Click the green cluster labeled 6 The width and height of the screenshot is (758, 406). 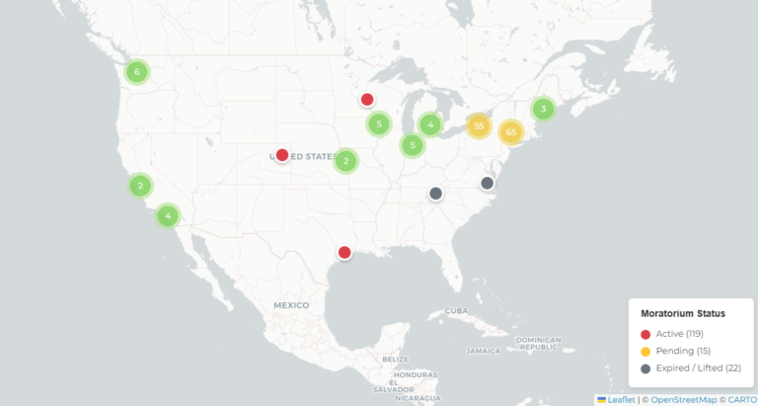137,72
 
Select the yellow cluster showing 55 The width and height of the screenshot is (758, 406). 479,125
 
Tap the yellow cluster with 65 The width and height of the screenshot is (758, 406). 510,131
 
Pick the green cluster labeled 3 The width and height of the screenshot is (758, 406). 542,109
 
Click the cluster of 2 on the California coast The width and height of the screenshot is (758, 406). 141,186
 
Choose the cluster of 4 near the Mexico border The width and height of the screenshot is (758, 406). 169,215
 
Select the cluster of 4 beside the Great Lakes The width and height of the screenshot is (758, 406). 429,124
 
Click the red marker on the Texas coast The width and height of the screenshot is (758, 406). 344,252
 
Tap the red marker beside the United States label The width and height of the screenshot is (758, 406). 282,155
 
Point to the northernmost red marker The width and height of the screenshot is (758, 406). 367,99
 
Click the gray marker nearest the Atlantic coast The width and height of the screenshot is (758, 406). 487,183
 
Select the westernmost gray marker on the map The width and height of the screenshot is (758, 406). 435,194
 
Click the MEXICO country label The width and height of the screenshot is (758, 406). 292,305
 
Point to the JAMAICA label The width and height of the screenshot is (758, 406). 484,351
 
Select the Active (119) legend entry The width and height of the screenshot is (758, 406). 677,334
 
